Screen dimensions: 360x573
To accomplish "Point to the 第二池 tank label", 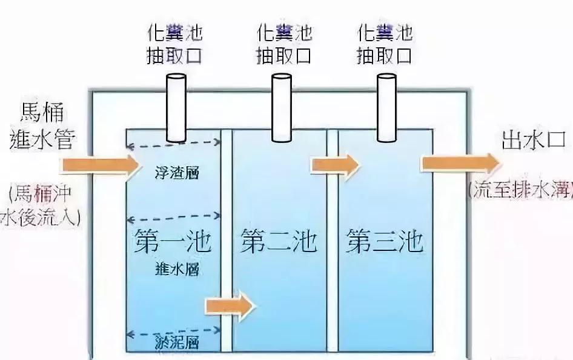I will (x=279, y=241).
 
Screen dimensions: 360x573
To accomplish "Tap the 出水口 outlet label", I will (x=533, y=141).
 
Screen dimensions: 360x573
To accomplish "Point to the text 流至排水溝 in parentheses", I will (x=521, y=190).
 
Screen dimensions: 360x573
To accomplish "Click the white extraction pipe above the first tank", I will (x=177, y=107).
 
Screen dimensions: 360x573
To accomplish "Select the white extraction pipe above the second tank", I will (x=281, y=107).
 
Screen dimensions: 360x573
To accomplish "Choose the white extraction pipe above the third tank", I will (x=385, y=107).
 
